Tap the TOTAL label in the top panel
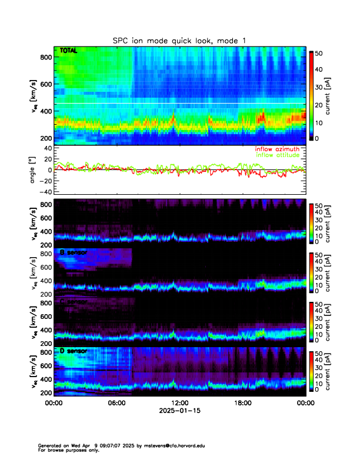(69, 52)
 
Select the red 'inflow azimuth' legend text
(276, 149)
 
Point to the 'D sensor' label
(74, 351)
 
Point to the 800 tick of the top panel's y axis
(45, 57)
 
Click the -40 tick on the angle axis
(44, 192)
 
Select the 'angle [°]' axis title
(34, 169)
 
